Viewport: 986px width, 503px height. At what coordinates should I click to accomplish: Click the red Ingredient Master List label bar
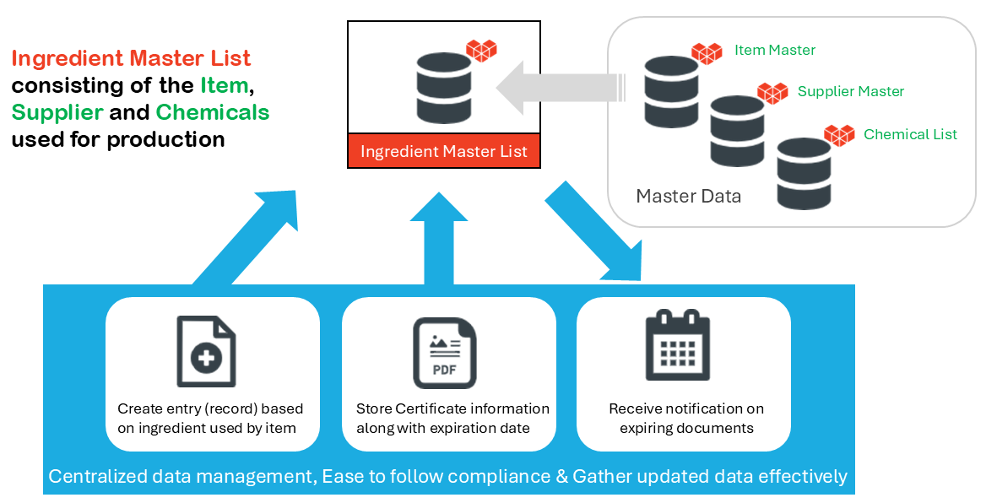[x=444, y=152]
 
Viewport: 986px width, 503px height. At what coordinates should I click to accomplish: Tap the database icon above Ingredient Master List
[x=443, y=86]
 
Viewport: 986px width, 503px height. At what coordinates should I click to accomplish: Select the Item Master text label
[x=774, y=50]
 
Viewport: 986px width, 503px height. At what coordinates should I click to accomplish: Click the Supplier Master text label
[x=850, y=91]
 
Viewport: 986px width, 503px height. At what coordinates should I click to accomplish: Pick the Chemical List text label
[x=910, y=134]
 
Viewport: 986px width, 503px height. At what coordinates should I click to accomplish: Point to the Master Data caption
[x=688, y=197]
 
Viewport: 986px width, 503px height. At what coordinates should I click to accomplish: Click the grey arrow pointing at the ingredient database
[x=561, y=88]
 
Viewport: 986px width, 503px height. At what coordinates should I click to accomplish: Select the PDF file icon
[x=444, y=353]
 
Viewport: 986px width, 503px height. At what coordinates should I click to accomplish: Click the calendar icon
[x=678, y=345]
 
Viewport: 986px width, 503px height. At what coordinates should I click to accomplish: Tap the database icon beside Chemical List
[x=804, y=173]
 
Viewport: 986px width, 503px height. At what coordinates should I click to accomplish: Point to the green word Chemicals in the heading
[x=213, y=111]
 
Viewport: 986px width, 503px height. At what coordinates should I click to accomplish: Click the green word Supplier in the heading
[x=57, y=111]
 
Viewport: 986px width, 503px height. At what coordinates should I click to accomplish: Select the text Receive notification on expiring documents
[x=685, y=418]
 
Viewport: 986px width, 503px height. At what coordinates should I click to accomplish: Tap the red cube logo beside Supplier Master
[x=772, y=93]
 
